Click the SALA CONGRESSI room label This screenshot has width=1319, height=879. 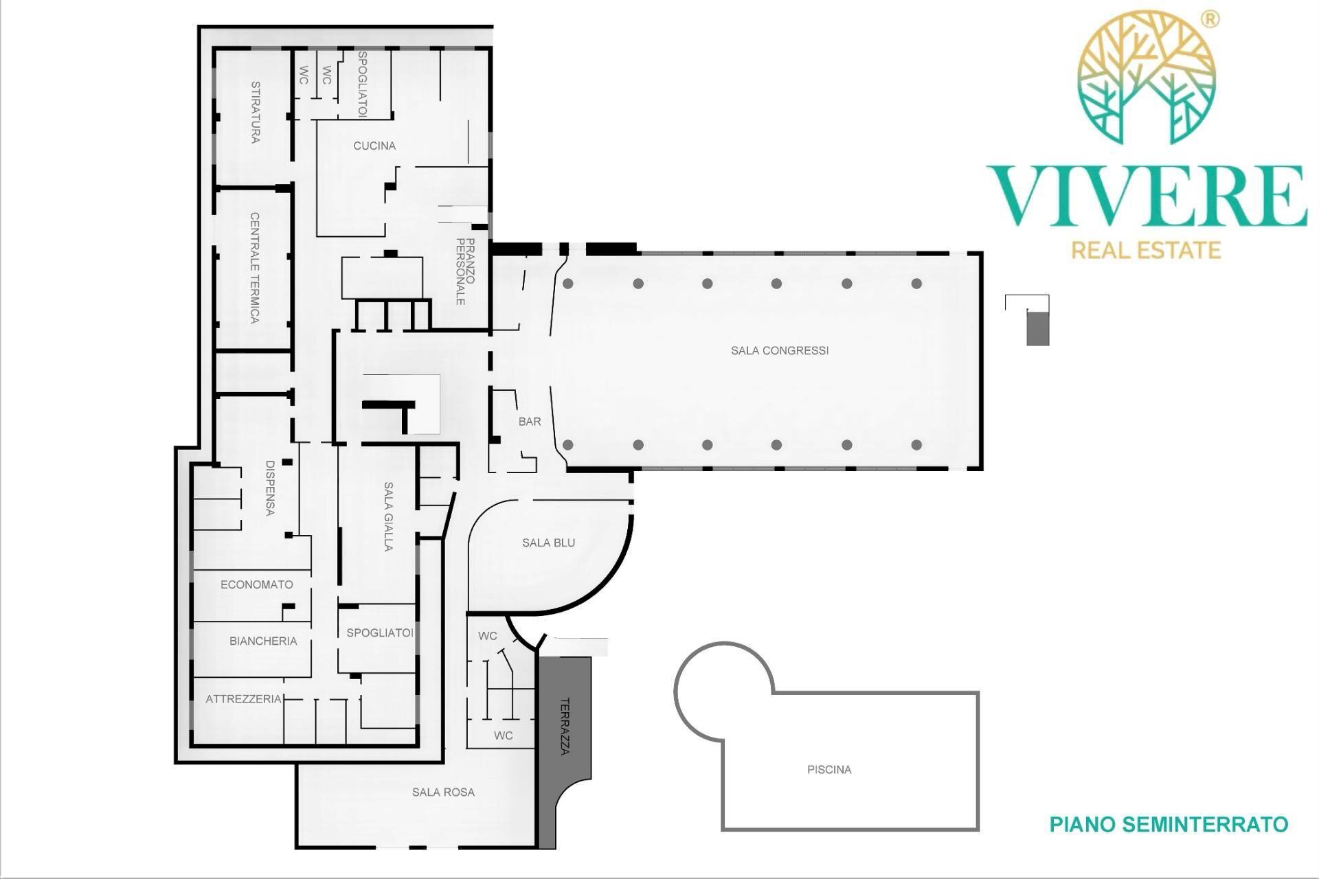[x=780, y=350]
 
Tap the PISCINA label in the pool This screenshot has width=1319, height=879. [x=829, y=770]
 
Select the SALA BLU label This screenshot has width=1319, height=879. [x=548, y=543]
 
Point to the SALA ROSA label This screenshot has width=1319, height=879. [x=443, y=792]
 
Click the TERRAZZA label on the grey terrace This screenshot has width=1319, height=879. [x=565, y=727]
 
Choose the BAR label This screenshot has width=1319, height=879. [x=530, y=422]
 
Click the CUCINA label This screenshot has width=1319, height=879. [x=374, y=146]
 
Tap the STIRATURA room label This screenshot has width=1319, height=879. [x=256, y=112]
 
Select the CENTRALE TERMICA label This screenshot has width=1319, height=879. [x=255, y=268]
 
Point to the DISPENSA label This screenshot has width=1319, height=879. [x=270, y=488]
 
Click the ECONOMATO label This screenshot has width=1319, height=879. [x=256, y=584]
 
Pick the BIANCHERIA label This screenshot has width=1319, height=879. [x=263, y=641]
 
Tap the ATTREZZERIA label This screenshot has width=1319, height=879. [x=244, y=699]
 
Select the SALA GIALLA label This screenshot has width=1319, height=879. [x=388, y=516]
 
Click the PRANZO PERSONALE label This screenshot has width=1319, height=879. [x=465, y=271]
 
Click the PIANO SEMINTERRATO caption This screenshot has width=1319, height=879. [x=1169, y=824]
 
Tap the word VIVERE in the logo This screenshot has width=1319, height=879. [x=1147, y=196]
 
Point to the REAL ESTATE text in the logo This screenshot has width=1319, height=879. [x=1147, y=249]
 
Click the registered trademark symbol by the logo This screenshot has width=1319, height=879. [x=1210, y=19]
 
